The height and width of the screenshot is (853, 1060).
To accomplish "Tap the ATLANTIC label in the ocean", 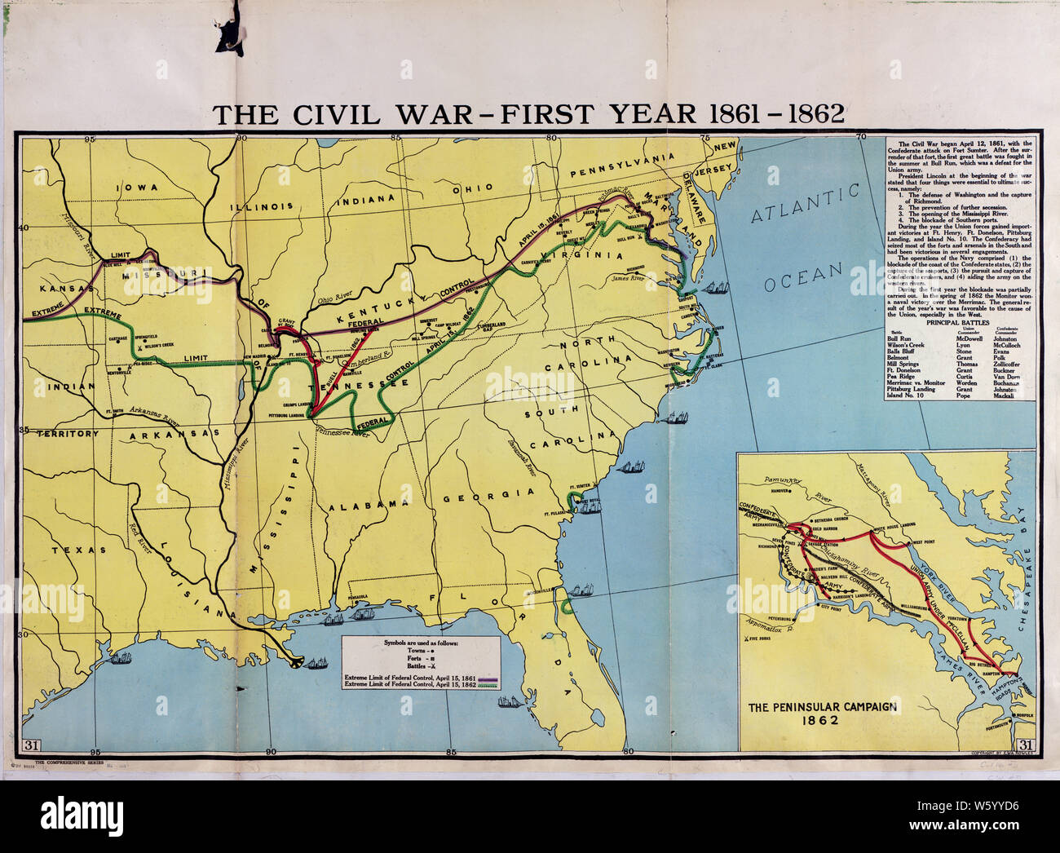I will pos(804,204).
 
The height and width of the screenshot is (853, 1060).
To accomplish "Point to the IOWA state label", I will pos(137,188).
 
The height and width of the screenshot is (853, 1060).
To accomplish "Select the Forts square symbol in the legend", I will pos(439,660).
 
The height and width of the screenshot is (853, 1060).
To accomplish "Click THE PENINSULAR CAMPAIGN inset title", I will pos(819,706).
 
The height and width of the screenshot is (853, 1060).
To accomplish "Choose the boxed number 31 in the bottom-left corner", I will pos(33,743).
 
